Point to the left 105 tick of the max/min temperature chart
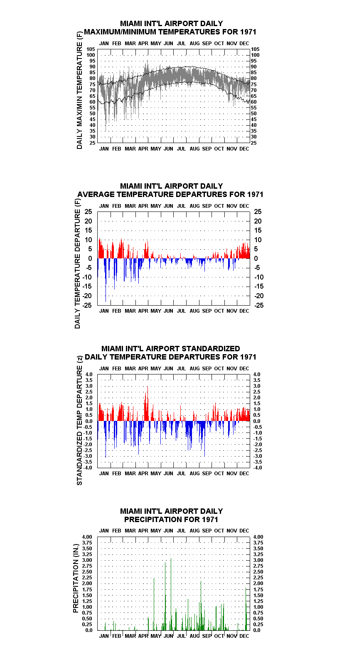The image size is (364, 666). click(x=91, y=49)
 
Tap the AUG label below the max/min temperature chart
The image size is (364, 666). click(x=194, y=148)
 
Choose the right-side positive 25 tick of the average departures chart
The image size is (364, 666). click(x=258, y=211)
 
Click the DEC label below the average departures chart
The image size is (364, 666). click(x=244, y=311)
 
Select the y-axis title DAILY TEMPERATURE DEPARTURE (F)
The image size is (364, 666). click(x=77, y=264)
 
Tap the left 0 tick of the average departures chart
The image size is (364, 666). click(x=90, y=259)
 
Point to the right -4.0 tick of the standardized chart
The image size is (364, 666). click(x=258, y=468)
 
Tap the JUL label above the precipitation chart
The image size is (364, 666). click(x=181, y=531)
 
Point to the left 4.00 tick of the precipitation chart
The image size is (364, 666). click(x=87, y=537)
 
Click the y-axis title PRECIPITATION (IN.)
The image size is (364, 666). click(x=76, y=578)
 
